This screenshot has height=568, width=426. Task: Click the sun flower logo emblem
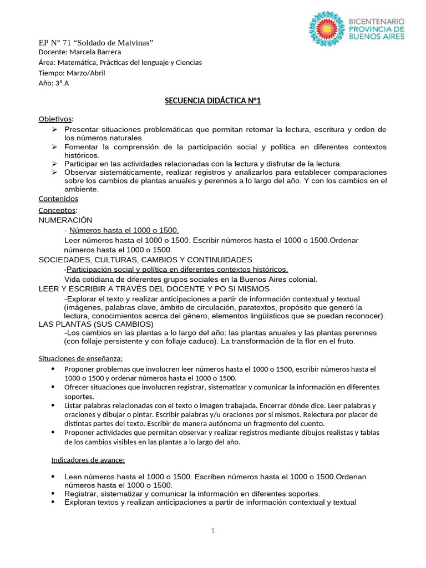pos(327,28)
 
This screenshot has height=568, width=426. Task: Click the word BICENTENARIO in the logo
pos(376,21)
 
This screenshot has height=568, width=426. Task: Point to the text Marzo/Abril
pos(85,73)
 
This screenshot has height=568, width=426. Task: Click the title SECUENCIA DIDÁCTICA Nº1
pos(212,100)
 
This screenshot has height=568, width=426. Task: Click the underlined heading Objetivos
pos(55,119)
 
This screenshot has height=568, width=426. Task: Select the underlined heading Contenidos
pos(58,199)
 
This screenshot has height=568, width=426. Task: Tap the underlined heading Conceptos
pos(57,210)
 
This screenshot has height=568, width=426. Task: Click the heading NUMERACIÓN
pos(65,220)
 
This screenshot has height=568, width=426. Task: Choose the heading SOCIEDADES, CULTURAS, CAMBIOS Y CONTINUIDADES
pos(145,260)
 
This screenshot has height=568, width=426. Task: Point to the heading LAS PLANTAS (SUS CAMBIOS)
pos(95,323)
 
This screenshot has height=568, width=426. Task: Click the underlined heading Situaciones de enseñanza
pos(80,357)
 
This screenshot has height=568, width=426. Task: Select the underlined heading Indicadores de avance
pos(88,460)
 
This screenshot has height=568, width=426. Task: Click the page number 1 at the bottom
pos(212,530)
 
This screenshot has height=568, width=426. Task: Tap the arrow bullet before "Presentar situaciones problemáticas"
pos(54,129)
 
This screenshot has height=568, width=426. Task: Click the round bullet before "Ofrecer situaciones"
pos(53,387)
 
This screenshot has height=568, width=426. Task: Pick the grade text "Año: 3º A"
pos(54,83)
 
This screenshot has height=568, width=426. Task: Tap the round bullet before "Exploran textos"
pos(53,503)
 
